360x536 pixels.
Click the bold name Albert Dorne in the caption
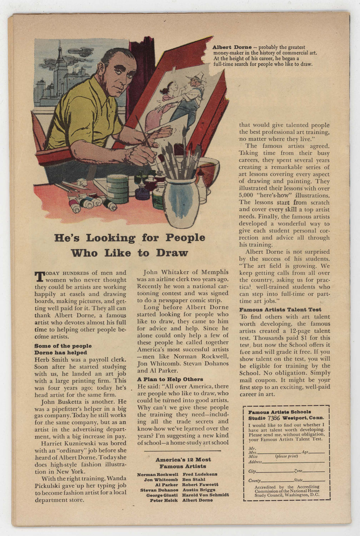232,47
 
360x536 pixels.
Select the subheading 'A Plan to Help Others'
170,379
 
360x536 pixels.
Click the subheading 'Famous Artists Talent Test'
280,310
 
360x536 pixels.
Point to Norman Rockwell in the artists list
157,474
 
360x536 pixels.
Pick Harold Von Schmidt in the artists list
205,495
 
